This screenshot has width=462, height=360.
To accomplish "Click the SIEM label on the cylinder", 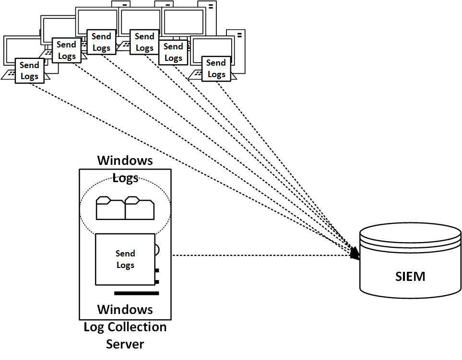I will tap(410, 277).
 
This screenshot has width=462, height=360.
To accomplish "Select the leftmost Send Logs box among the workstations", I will tap(29, 70).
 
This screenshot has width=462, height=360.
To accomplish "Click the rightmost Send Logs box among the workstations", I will tap(216, 69).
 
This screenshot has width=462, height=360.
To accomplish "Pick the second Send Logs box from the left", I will tap(66, 50).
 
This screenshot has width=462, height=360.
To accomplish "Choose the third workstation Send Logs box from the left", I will tap(101, 42).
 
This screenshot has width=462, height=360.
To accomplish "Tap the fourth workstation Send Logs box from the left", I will tap(144, 42).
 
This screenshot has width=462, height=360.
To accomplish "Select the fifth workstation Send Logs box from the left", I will tap(173, 52).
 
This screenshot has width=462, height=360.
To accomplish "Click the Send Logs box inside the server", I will tap(125, 259).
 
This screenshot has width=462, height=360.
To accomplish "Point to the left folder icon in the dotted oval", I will tap(111, 208).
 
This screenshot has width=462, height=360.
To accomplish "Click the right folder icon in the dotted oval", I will tap(140, 208).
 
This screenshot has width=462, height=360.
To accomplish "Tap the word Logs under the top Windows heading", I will tap(125, 178).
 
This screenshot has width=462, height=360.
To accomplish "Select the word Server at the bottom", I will tap(125, 344).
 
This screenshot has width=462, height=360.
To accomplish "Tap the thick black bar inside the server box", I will tap(136, 293).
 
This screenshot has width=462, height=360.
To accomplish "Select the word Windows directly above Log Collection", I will tap(125, 309).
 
